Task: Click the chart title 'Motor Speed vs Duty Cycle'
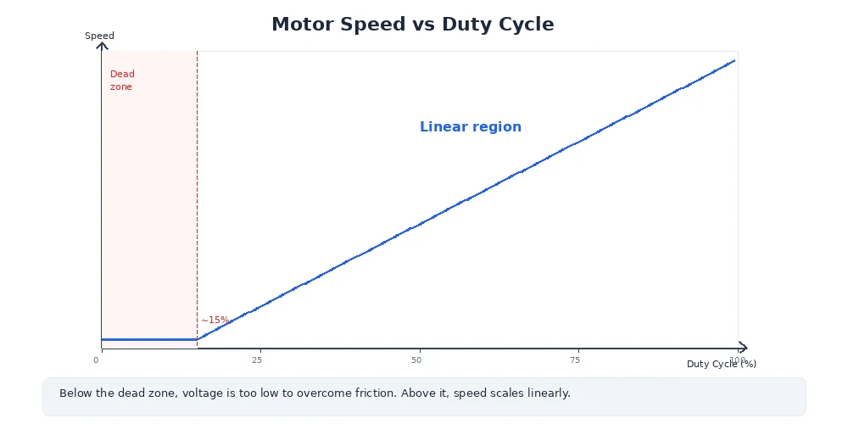click(x=412, y=25)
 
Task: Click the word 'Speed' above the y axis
click(x=99, y=36)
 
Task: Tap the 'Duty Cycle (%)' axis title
click(x=721, y=364)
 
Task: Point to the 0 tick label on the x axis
click(x=96, y=360)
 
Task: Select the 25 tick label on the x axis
click(x=257, y=360)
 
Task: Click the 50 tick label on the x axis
click(x=416, y=360)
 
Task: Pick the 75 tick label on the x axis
click(x=575, y=360)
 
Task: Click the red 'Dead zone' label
click(x=122, y=81)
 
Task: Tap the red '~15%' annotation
click(x=215, y=320)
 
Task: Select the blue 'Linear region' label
click(x=470, y=127)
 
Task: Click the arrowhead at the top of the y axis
click(x=102, y=45)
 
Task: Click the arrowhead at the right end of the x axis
click(x=744, y=347)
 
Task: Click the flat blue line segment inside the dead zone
click(x=148, y=339)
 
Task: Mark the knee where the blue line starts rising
click(x=197, y=339)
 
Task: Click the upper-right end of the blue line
click(x=734, y=60)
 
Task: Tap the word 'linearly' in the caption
click(x=548, y=393)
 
